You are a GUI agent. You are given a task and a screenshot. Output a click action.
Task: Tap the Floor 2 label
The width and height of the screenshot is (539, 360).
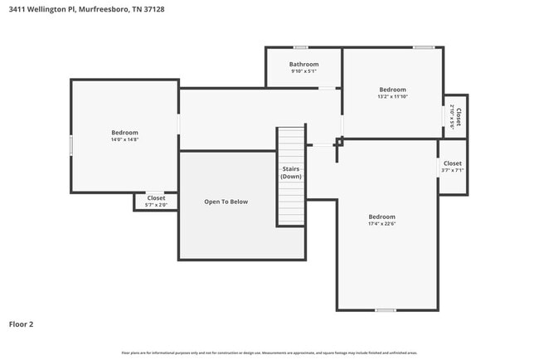pyautogui.click(x=22, y=324)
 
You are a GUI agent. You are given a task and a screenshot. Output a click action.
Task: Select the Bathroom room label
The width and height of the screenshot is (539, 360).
pyautogui.click(x=303, y=64)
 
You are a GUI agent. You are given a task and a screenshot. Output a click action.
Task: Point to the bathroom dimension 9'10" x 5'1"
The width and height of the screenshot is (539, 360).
pyautogui.click(x=303, y=71)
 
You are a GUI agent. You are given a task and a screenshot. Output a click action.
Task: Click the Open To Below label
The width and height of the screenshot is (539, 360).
pyautogui.click(x=226, y=202)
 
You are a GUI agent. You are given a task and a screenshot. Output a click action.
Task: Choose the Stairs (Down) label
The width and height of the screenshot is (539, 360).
pyautogui.click(x=290, y=173)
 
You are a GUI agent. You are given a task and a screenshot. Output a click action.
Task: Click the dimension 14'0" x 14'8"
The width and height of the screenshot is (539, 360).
pyautogui.click(x=124, y=140)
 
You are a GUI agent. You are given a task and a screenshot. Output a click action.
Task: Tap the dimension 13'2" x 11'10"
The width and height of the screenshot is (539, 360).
pyautogui.click(x=392, y=96)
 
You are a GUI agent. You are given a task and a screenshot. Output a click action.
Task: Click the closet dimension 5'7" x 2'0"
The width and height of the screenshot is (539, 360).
pyautogui.click(x=156, y=205)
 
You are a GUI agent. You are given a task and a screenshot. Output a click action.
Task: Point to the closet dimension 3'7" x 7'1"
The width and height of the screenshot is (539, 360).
pyautogui.click(x=452, y=171)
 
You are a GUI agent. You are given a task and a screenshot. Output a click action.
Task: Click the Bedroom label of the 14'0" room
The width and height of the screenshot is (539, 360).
pyautogui.click(x=124, y=133)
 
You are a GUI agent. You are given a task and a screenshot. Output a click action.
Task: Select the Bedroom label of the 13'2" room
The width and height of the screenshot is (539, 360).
pyautogui.click(x=392, y=90)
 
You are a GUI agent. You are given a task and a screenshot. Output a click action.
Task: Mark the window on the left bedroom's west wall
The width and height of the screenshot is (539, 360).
pyautogui.click(x=71, y=145)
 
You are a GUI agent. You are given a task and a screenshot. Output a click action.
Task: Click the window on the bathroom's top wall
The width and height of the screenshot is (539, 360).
pyautogui.click(x=300, y=47)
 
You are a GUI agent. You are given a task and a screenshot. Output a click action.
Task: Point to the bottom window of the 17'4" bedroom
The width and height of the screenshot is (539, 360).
pyautogui.click(x=384, y=310)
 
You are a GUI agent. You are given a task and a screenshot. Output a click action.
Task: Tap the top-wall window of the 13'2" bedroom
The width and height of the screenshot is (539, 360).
pyautogui.click(x=424, y=47)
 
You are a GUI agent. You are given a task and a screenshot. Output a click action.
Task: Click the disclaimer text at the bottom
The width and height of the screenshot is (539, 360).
pyautogui.click(x=269, y=353)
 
